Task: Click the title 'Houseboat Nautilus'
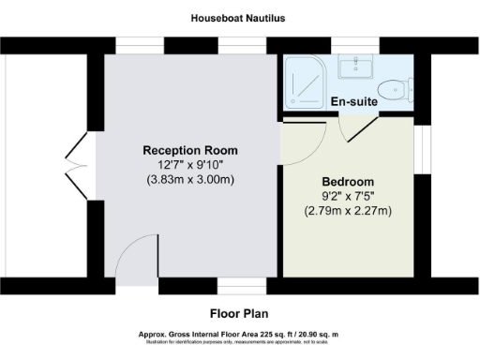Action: pyautogui.click(x=239, y=18)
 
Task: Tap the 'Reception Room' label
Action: pyautogui.click(x=190, y=150)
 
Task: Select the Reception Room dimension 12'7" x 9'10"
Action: pyautogui.click(x=190, y=165)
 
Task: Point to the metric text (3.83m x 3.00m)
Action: pyautogui.click(x=190, y=180)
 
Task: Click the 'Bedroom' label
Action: pyautogui.click(x=348, y=181)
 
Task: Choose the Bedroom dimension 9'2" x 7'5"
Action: pyautogui.click(x=348, y=196)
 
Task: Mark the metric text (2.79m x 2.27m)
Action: pyautogui.click(x=348, y=211)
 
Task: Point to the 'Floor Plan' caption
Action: pyautogui.click(x=239, y=314)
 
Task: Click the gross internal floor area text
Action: pyautogui.click(x=239, y=335)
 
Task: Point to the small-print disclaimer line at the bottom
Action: pyautogui.click(x=239, y=343)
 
